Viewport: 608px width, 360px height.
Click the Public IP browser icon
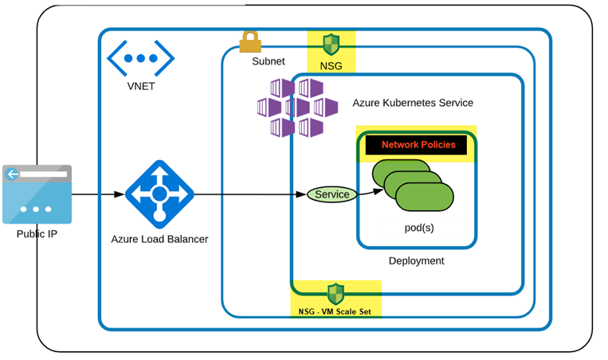tap(37, 194)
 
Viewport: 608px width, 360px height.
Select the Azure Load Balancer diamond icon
tap(159, 194)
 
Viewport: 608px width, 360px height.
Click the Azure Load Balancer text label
tap(159, 239)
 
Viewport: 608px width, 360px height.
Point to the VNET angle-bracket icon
tap(141, 58)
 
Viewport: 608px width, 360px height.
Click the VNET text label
tap(141, 86)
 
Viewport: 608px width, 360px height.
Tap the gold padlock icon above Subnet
tap(250, 41)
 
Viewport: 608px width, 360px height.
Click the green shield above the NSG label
tap(331, 44)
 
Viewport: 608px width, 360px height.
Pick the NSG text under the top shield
tap(331, 65)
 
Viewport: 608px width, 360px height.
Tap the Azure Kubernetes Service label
tap(413, 103)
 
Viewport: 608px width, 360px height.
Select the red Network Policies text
tap(418, 145)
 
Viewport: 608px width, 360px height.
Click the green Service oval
tap(331, 194)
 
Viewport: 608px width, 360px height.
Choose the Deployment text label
tap(416, 260)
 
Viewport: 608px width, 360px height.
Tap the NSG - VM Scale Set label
tap(335, 311)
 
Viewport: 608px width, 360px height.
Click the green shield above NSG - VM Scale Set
tap(335, 293)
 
